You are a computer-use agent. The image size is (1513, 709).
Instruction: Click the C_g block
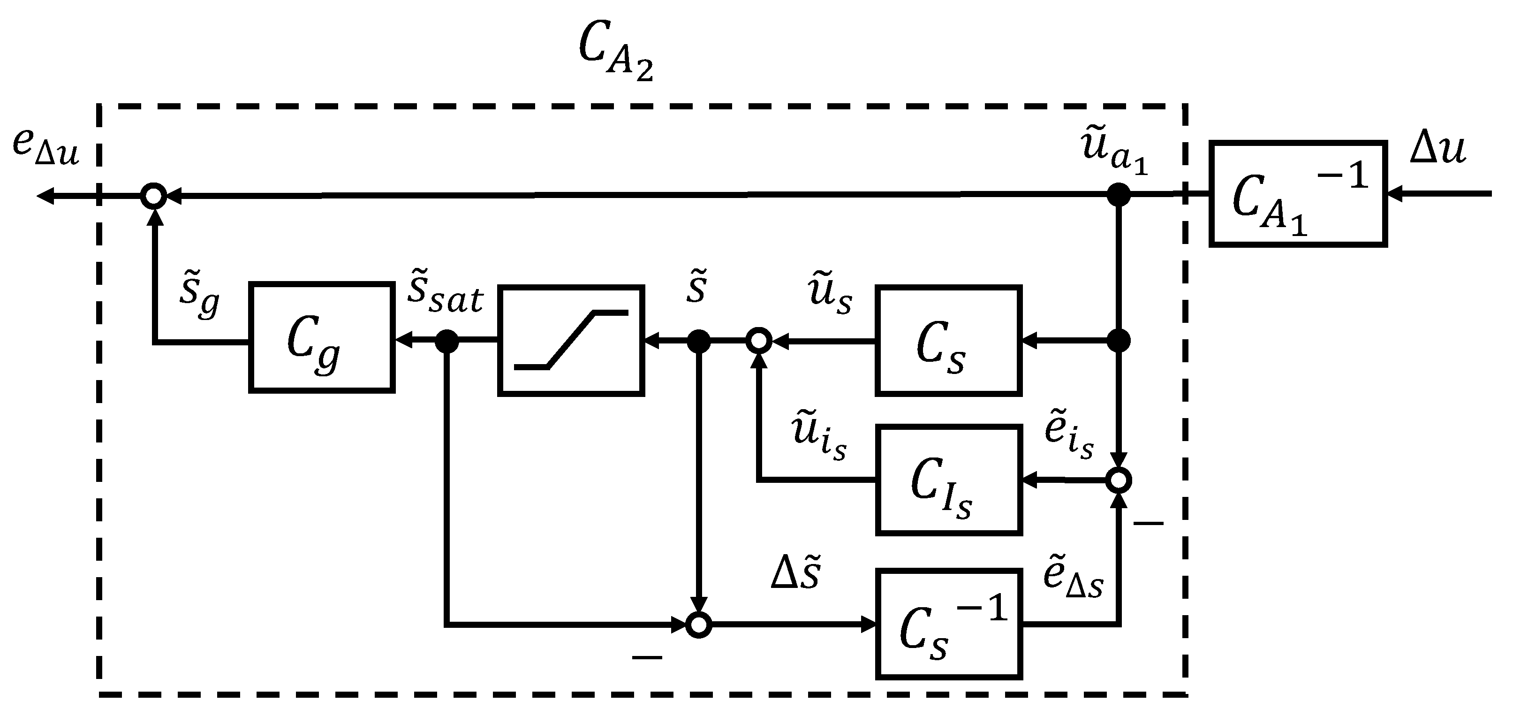pos(321,337)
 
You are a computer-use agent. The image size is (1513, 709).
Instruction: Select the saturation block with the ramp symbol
pos(571,341)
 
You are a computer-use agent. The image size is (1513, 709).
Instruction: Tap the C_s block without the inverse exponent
pos(948,341)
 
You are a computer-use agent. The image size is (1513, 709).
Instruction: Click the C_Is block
pos(948,480)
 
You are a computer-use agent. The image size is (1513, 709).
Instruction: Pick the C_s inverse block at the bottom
pos(948,624)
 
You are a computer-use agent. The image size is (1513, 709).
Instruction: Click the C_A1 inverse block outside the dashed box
pos(1298,193)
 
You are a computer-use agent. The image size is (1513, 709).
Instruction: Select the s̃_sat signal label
pos(445,294)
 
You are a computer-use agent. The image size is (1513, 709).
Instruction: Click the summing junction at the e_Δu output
pos(154,195)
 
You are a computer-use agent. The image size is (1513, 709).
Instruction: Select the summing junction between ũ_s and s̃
pos(759,340)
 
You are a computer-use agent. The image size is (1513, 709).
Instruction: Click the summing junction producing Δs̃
pos(699,625)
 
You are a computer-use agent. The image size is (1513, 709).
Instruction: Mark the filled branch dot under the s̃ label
pos(699,340)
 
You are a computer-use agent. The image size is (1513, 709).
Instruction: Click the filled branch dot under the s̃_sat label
pos(447,340)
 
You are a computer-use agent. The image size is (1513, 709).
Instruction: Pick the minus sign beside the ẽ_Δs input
pos(1148,522)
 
